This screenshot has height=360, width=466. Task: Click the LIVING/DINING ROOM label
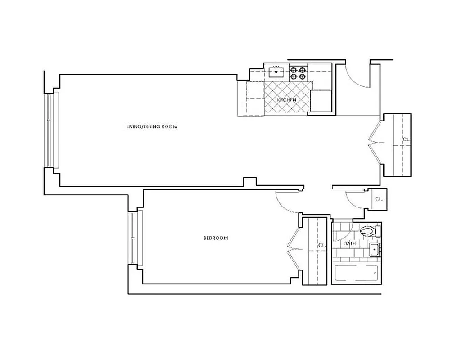(152, 127)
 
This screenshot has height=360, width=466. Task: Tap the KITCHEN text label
(287, 99)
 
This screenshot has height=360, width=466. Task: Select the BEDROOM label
(216, 238)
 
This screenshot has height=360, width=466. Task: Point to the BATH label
(350, 243)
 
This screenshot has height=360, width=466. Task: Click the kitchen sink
(276, 71)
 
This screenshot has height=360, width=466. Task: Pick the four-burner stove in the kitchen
(298, 73)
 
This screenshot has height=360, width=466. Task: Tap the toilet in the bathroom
(368, 232)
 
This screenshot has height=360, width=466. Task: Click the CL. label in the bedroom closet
(321, 245)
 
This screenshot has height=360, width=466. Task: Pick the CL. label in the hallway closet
(406, 139)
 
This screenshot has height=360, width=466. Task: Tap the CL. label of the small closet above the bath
(379, 198)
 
